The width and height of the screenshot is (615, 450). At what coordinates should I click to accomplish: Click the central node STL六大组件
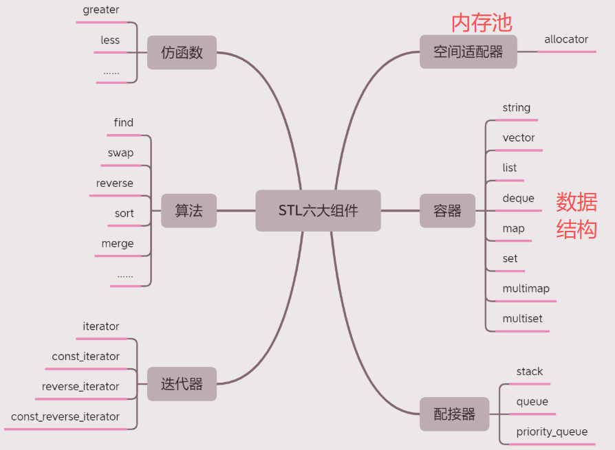point(318,211)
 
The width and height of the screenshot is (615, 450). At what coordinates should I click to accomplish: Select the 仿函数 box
point(182,53)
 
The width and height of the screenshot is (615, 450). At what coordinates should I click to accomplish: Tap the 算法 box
point(188,211)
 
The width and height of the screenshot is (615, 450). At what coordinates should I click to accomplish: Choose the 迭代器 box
point(182,384)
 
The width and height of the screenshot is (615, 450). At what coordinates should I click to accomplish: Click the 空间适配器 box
point(468,52)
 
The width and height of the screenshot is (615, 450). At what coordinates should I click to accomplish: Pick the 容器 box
point(447,211)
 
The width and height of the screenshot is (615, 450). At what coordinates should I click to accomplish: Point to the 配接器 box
point(454,414)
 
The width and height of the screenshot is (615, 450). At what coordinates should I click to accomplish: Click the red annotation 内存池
point(482,22)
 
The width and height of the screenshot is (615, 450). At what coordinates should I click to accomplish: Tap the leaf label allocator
point(566,40)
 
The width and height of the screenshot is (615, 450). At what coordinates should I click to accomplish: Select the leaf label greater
point(100,10)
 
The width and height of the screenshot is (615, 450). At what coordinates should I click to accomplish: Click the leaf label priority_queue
point(552,432)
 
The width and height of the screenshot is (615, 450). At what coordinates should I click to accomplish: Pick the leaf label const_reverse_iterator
point(65,417)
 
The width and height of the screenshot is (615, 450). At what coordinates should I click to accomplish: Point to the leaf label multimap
point(526,289)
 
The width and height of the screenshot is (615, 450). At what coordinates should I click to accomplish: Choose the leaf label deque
point(518,199)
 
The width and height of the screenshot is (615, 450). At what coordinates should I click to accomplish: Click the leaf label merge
point(118,244)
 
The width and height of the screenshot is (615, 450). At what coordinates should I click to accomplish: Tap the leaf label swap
point(120,153)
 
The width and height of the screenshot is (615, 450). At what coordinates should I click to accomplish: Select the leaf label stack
point(530,372)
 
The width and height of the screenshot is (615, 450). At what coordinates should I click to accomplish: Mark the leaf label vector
point(519,138)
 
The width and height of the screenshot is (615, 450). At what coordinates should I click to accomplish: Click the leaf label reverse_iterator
point(80,387)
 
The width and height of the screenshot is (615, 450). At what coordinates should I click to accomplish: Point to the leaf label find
point(124,123)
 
